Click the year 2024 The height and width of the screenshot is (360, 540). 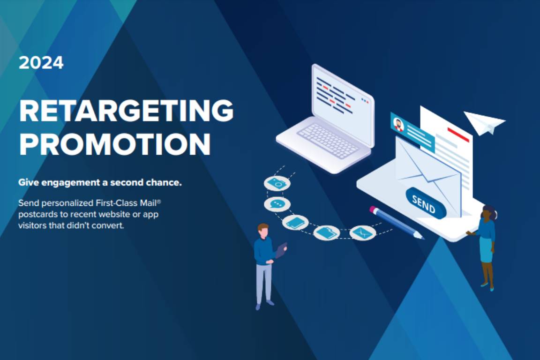tap(41, 63)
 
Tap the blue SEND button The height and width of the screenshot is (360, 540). tap(426, 203)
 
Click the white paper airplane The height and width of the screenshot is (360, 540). tap(484, 123)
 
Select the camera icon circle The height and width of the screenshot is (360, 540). tap(277, 183)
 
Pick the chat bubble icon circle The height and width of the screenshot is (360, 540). tap(277, 204)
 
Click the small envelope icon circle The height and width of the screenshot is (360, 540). tap(362, 232)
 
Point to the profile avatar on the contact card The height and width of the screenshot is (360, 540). tap(398, 124)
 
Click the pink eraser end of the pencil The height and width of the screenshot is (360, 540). tap(373, 209)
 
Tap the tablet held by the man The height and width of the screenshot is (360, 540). tap(281, 249)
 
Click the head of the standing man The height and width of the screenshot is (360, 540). tap(263, 231)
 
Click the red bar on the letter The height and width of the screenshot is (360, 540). tap(458, 135)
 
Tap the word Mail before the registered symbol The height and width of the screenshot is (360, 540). tap(148, 202)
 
